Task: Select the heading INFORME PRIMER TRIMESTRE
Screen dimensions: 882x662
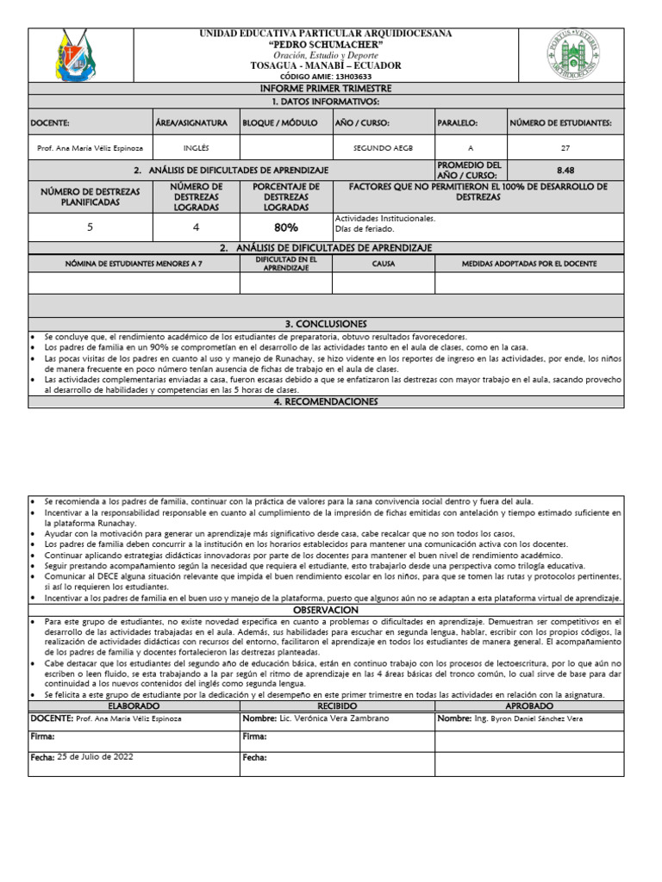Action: point(326,89)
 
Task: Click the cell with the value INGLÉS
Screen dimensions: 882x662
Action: point(196,148)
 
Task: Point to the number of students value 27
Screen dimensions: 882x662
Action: point(565,148)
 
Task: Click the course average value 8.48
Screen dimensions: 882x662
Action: point(565,171)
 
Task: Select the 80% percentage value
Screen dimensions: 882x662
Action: point(286,227)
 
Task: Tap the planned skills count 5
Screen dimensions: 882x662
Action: point(91,227)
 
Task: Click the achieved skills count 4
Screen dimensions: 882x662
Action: point(196,227)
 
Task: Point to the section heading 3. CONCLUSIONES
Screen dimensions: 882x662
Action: point(326,324)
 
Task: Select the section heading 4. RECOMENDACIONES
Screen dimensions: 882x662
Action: point(326,401)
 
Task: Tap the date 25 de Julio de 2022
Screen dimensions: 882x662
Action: point(95,756)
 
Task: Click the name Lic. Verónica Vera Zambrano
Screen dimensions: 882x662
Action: point(332,717)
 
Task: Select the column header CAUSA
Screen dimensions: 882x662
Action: point(383,263)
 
